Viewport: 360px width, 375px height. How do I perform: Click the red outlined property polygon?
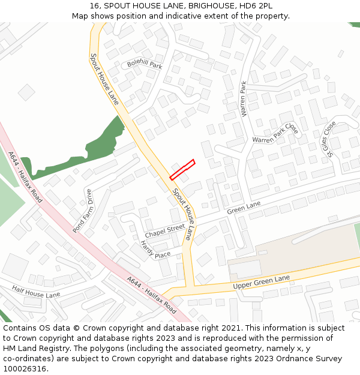tap(182, 169)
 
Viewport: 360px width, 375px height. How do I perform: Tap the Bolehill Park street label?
tap(145, 64)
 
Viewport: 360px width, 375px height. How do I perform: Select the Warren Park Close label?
tap(275, 134)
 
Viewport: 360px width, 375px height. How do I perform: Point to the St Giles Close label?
tap(328, 139)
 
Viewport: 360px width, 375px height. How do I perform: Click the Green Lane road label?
tap(244, 208)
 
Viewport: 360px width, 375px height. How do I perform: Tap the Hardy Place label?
tap(155, 249)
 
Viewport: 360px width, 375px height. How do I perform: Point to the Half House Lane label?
tap(36, 292)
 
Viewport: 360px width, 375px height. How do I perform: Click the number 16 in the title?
tap(95, 5)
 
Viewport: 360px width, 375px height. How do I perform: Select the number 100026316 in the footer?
tap(25, 369)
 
